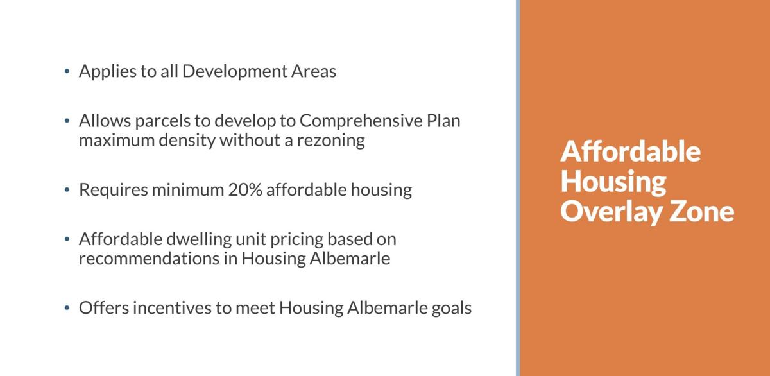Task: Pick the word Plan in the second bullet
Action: tap(443, 121)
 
